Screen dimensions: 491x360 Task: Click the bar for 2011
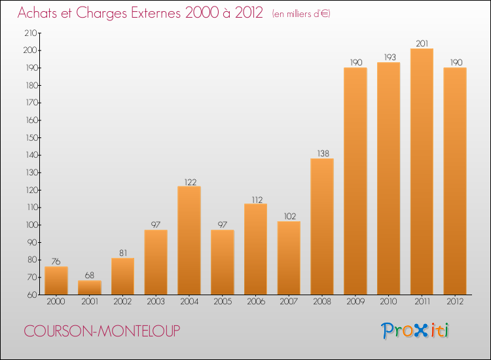pos(422,171)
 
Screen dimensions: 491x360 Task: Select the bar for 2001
pos(90,287)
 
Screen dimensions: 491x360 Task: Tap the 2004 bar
pos(189,240)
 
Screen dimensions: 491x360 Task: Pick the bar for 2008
pos(322,226)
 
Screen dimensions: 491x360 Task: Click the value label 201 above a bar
pos(422,43)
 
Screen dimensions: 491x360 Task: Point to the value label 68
pos(90,275)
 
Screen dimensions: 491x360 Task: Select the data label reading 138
pos(323,153)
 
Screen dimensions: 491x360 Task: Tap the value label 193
pos(390,58)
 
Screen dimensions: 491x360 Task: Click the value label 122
pos(190,182)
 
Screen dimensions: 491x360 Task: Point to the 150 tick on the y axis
pos(31,137)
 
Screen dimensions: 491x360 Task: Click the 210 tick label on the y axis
pos(31,33)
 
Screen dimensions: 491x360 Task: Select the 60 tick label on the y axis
pos(32,295)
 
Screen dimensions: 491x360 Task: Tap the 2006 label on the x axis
pos(256,301)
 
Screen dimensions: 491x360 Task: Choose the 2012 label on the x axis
pos(455,301)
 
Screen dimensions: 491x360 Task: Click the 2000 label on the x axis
pos(56,301)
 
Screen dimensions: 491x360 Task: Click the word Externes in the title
pos(156,13)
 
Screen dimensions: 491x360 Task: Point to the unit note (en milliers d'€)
pos(301,14)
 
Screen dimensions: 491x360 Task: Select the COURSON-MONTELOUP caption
pos(102,331)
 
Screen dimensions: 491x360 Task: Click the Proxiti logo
pos(415,331)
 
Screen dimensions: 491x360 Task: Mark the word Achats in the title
pos(37,13)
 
